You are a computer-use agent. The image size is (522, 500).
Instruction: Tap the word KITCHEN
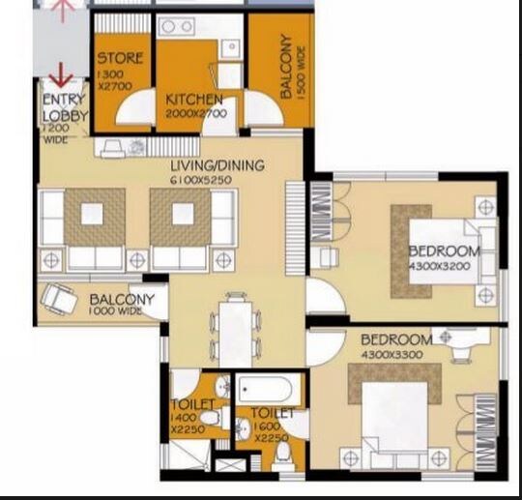194,100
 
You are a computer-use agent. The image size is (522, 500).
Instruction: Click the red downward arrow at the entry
63,74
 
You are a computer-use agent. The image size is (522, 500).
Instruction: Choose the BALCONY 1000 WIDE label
122,306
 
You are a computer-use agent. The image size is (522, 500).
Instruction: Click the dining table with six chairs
235,327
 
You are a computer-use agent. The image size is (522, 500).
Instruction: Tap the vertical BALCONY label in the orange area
286,68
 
